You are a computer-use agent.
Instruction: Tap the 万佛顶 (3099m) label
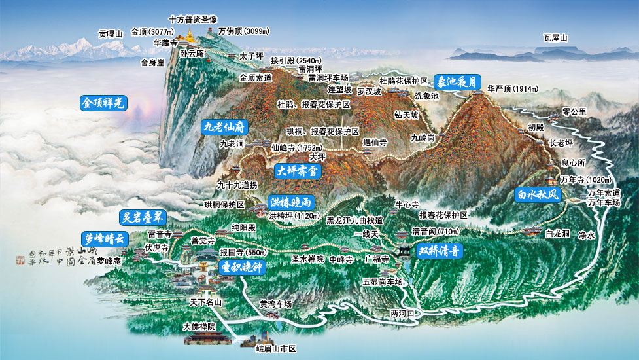(x=243, y=31)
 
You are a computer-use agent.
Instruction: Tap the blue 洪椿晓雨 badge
(x=289, y=202)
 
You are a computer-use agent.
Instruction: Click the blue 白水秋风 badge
(x=538, y=194)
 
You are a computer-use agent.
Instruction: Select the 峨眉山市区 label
(x=277, y=348)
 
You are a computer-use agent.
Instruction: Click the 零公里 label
(x=574, y=111)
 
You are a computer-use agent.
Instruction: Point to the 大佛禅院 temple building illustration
(x=207, y=336)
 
